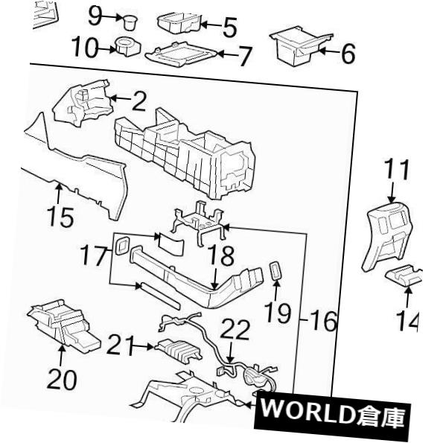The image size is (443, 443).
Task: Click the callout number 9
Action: click(x=98, y=14)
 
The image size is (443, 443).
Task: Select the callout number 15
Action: click(x=57, y=218)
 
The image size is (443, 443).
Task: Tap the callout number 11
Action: click(x=399, y=170)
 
